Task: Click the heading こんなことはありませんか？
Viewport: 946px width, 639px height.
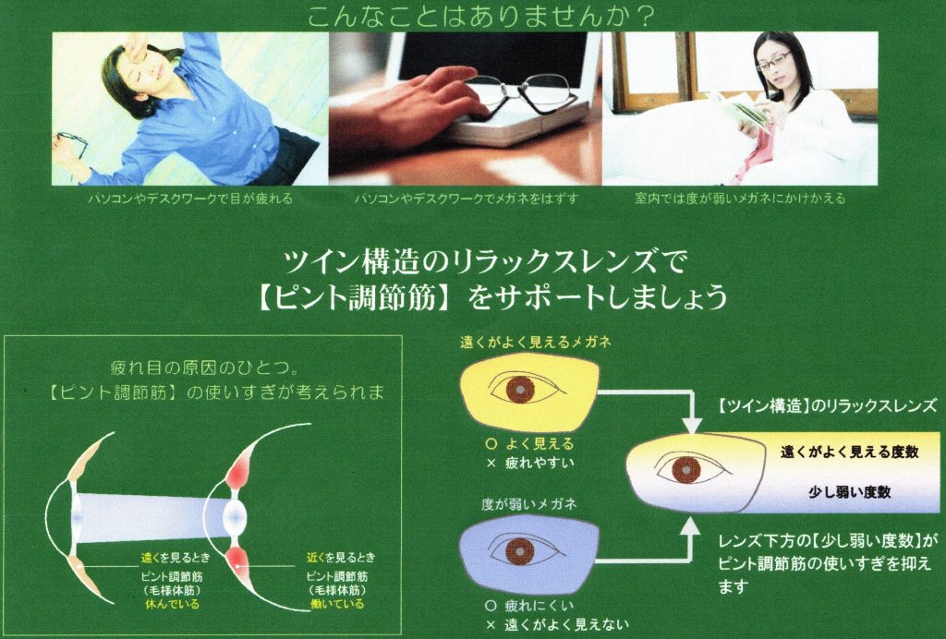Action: point(472,16)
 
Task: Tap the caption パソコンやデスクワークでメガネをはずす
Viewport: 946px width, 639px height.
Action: point(466,199)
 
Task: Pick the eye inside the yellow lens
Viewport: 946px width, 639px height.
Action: point(521,389)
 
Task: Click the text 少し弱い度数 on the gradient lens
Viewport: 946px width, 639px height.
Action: point(848,492)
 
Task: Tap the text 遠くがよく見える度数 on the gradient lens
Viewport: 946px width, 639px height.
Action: point(849,452)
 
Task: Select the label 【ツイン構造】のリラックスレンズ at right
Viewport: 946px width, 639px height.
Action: point(828,405)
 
